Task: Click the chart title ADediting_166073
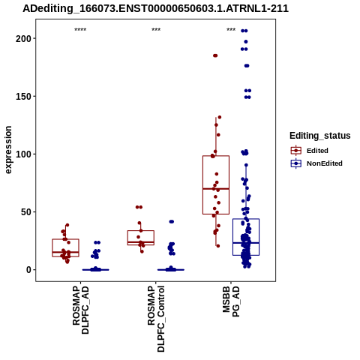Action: point(155,8)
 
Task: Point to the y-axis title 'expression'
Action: point(8,150)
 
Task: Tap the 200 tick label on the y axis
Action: point(22,38)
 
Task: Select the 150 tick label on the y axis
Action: point(22,96)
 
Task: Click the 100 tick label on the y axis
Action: point(22,154)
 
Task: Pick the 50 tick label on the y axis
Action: point(25,212)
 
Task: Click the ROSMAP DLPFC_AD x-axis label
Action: point(81,310)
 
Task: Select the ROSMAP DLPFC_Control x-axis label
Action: point(156,319)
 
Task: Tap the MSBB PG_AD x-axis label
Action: point(231,301)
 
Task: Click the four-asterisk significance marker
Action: point(80,29)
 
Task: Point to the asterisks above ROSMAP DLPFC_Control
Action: point(156,29)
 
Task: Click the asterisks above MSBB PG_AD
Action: point(231,29)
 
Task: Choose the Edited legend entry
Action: point(309,151)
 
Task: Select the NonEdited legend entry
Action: point(316,163)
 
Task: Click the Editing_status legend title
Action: point(320,136)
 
